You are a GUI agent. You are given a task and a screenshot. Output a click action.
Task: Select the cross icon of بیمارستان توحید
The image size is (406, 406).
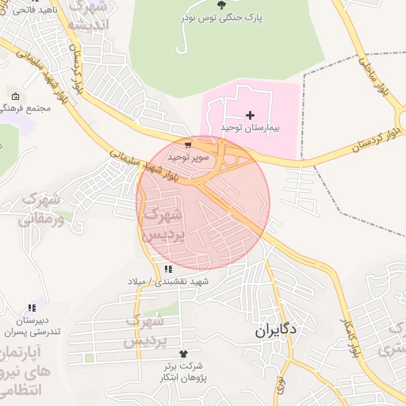(x=251, y=116)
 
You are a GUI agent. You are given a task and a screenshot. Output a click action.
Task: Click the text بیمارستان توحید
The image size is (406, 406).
(x=251, y=128)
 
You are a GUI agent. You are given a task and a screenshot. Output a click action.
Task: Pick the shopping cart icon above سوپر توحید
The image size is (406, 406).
(x=187, y=146)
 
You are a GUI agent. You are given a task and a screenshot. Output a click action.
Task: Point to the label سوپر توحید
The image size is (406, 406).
(x=188, y=157)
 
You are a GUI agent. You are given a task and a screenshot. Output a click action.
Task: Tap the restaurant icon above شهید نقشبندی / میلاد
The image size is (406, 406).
(x=168, y=270)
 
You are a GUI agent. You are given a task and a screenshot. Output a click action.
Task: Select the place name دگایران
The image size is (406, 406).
(x=276, y=331)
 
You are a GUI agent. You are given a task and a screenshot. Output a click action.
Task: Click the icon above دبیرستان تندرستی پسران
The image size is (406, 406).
(x=32, y=308)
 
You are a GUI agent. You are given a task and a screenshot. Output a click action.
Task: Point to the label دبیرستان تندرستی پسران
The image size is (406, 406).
(x=32, y=325)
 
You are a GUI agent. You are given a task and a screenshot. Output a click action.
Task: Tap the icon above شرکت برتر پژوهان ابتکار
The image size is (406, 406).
(x=185, y=354)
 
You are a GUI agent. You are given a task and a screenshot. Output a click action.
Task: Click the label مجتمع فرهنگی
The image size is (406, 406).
(x=27, y=107)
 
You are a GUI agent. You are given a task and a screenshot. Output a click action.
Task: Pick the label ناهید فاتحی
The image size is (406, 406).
(x=28, y=8)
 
